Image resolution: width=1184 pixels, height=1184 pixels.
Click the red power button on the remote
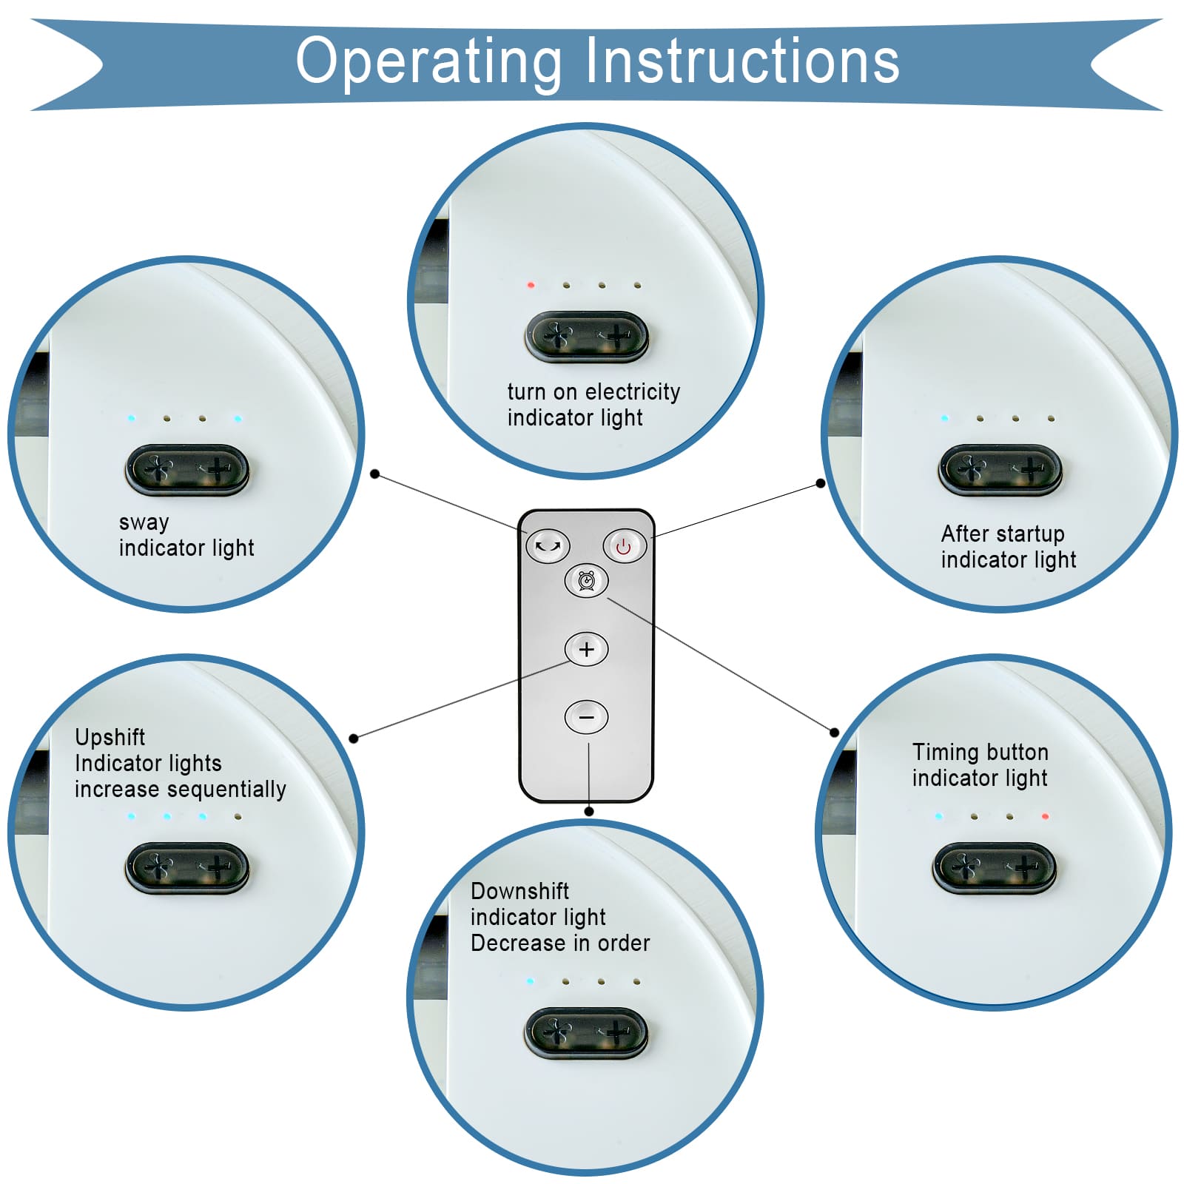(624, 547)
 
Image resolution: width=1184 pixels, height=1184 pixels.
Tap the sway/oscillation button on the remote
(548, 547)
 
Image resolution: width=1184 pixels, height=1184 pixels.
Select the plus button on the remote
(586, 650)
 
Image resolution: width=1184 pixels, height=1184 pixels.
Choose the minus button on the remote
(586, 717)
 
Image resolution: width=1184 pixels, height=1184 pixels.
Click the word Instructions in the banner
(742, 61)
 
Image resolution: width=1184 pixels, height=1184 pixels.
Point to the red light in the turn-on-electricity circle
(531, 285)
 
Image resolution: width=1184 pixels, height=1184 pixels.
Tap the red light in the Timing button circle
(1045, 816)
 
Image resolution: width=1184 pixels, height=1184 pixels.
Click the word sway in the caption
(144, 522)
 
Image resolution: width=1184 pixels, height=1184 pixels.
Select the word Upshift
(110, 737)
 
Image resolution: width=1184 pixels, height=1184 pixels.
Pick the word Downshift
(519, 891)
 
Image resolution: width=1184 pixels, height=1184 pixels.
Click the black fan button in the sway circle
(187, 469)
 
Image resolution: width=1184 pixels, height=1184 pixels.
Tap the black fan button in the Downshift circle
(586, 1032)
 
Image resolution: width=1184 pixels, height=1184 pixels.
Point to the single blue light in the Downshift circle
(530, 981)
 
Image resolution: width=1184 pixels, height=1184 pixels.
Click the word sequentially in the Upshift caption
(234, 789)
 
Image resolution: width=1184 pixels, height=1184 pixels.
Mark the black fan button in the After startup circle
(1000, 469)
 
